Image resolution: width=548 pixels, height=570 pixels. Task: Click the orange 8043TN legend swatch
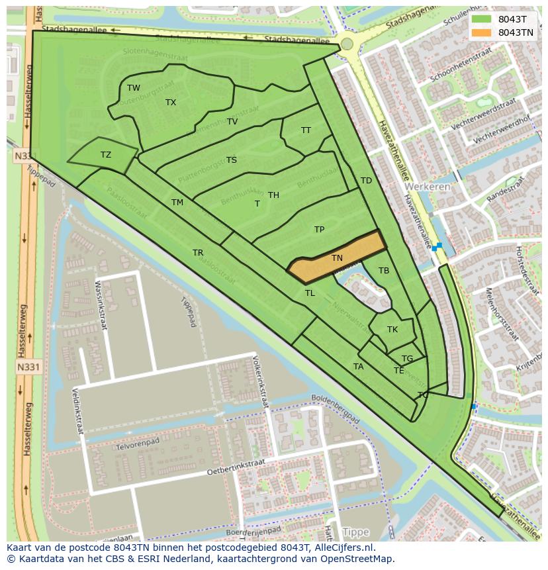pyautogui.click(x=482, y=32)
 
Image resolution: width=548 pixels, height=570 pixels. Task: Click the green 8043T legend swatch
pyautogui.click(x=482, y=19)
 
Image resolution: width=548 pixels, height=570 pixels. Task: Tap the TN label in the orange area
pyautogui.click(x=337, y=258)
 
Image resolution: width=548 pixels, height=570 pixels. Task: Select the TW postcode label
pyautogui.click(x=134, y=88)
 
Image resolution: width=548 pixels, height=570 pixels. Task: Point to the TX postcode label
pyautogui.click(x=171, y=103)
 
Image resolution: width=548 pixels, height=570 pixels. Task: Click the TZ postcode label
pyautogui.click(x=106, y=155)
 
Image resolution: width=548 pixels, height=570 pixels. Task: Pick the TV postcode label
pyautogui.click(x=232, y=122)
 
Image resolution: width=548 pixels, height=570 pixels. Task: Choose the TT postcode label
pyautogui.click(x=306, y=130)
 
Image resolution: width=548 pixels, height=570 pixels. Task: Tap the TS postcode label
pyautogui.click(x=232, y=160)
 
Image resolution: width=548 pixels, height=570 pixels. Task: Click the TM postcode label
pyautogui.click(x=177, y=203)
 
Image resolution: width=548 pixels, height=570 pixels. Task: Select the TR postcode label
pyautogui.click(x=198, y=253)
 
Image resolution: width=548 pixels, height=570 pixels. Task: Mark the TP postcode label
pyautogui.click(x=320, y=230)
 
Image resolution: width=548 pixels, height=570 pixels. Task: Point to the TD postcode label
pyautogui.click(x=366, y=181)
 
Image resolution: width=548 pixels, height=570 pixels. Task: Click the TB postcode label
pyautogui.click(x=384, y=271)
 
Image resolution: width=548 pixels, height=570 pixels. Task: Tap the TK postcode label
pyautogui.click(x=392, y=330)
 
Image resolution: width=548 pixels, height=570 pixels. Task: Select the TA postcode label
pyautogui.click(x=359, y=367)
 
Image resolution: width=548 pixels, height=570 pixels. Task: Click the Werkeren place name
pyautogui.click(x=428, y=187)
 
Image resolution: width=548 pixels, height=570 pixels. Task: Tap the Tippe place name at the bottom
pyautogui.click(x=356, y=532)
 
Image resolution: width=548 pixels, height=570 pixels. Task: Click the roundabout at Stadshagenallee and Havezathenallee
pyautogui.click(x=347, y=44)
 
